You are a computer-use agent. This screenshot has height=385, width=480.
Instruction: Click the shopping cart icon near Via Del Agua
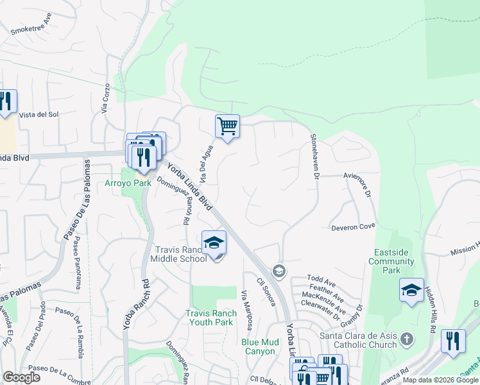coord(227,126)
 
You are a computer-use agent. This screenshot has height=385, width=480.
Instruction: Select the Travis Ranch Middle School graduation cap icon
coord(214,243)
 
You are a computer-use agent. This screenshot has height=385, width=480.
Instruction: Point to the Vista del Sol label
coord(39,114)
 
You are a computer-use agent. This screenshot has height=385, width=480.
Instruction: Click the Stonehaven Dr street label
coord(314,155)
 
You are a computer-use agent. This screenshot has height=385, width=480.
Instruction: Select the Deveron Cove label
coord(353,227)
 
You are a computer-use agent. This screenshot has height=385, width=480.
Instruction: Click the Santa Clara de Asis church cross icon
coord(406,338)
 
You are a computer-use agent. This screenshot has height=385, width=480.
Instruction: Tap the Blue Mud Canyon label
coord(260,346)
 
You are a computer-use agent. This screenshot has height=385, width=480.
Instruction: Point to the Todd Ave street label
coord(321,282)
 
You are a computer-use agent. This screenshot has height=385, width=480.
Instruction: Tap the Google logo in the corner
coord(21,377)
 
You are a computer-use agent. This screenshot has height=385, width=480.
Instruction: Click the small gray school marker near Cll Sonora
coord(279,271)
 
